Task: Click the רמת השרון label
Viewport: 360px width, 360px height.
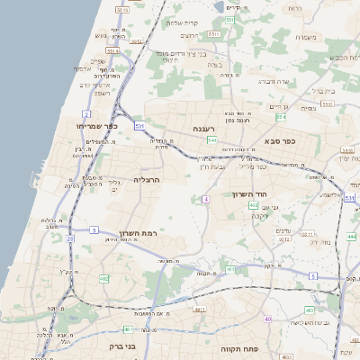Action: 138,232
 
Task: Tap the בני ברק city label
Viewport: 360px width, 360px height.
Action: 114,346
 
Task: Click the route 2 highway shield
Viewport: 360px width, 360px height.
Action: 86,113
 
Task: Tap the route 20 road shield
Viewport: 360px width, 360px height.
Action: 70,238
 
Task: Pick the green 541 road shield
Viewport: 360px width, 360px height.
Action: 211,139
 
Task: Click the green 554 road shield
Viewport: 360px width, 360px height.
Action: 282,117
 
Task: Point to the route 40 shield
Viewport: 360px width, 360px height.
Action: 267,319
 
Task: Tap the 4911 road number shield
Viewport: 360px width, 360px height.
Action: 198,309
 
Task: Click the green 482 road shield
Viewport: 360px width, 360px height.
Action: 103,279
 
